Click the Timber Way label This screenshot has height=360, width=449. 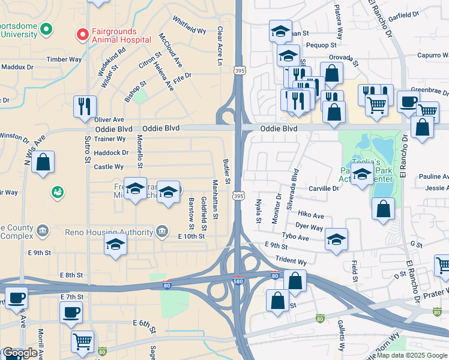tap(64, 59)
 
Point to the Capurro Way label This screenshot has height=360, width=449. tap(432, 56)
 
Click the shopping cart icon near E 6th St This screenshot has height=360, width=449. tap(82, 341)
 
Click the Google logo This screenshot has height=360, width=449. tap(20, 353)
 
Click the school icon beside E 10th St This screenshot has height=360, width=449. tap(115, 244)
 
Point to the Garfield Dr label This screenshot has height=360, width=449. tap(403, 16)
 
